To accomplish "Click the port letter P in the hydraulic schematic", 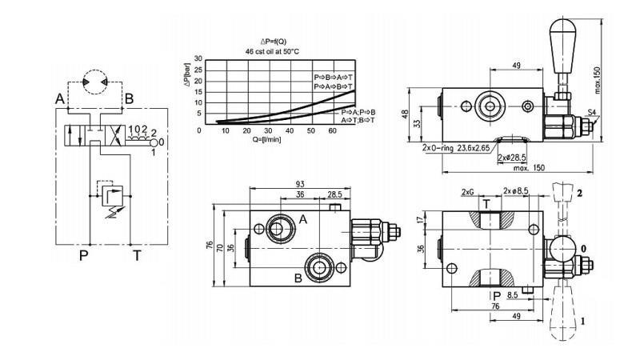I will pyautogui.click(x=82, y=256).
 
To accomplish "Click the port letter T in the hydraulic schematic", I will pyautogui.click(x=137, y=256).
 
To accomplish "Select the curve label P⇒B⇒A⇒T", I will pyautogui.click(x=334, y=77).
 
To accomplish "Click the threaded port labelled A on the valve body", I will pyautogui.click(x=281, y=227).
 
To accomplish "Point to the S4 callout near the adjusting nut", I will pyautogui.click(x=591, y=113).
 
